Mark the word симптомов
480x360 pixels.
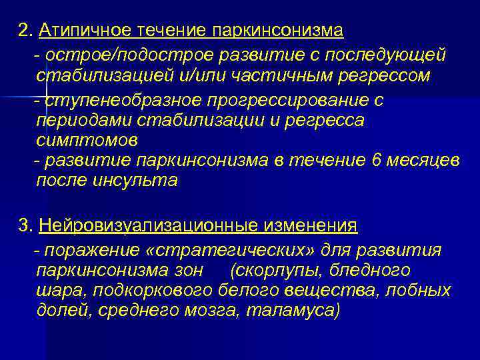click(87, 141)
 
